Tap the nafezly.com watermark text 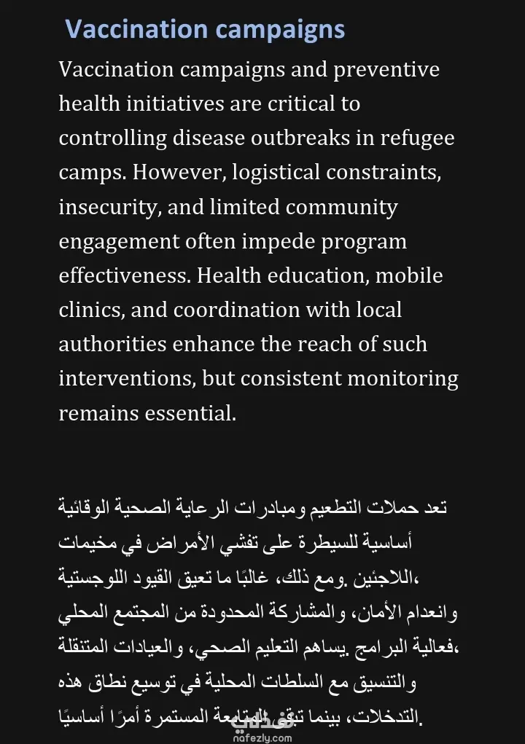click(x=262, y=737)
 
